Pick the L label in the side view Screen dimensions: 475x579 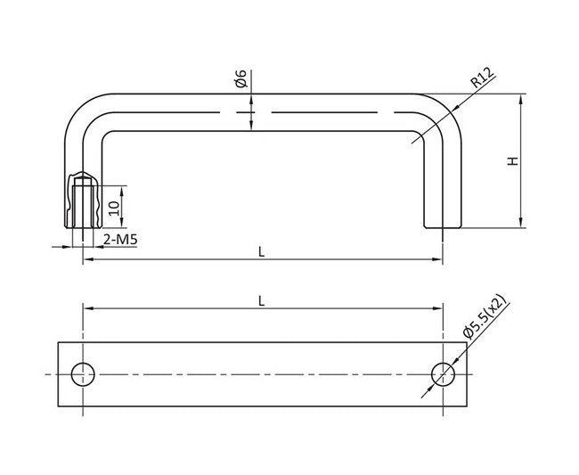[x=261, y=251]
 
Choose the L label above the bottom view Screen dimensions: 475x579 [x=261, y=300]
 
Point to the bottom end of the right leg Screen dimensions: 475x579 [x=442, y=226]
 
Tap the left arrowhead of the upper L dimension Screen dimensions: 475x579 [x=87, y=259]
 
